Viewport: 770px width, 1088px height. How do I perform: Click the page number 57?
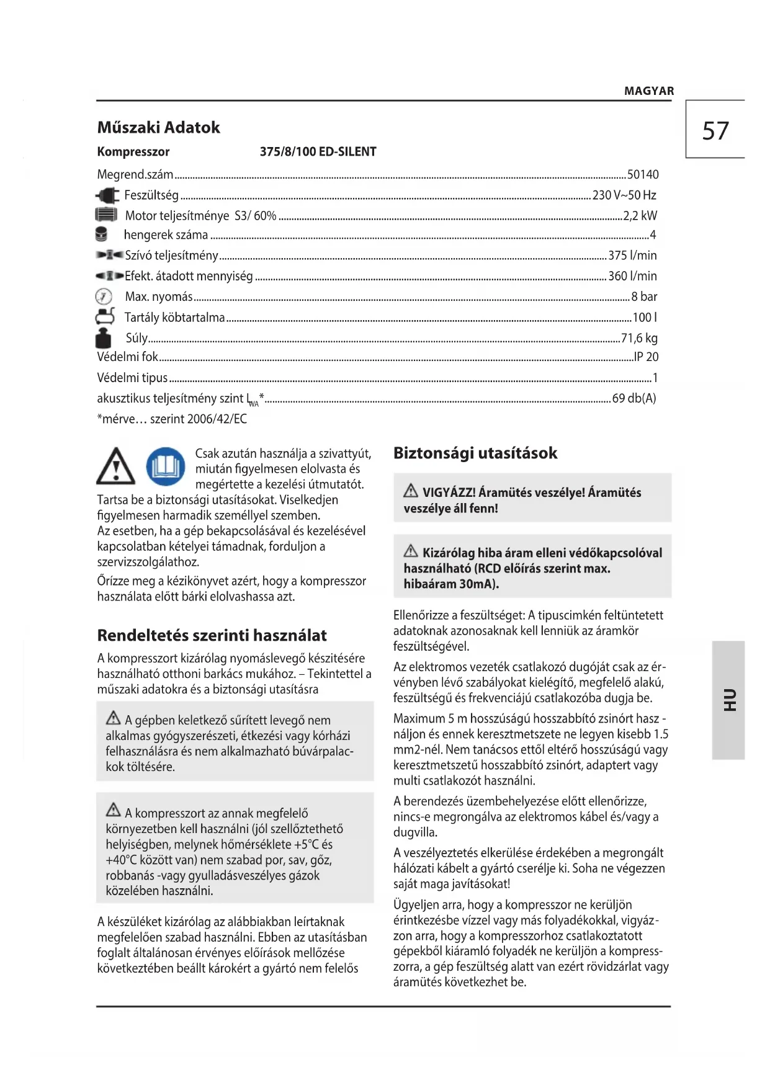(x=715, y=131)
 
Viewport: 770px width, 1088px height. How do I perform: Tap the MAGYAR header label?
(x=648, y=91)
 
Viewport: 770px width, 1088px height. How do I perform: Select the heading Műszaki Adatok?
(x=158, y=128)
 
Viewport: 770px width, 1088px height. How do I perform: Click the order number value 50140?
(x=642, y=175)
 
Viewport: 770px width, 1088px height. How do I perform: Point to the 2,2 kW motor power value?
(x=640, y=216)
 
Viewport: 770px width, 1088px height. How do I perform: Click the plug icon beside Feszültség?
(x=107, y=195)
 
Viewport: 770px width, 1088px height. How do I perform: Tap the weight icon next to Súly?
(x=104, y=338)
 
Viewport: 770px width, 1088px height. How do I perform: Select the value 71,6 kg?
(x=639, y=338)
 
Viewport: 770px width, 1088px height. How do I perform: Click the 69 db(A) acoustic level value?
(x=633, y=398)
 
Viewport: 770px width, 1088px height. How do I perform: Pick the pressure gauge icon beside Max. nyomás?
(x=104, y=297)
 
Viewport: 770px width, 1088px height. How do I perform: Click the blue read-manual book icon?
(x=166, y=466)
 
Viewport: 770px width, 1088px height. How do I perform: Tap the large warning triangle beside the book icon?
(x=115, y=467)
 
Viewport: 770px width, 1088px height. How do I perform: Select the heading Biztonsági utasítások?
(x=475, y=453)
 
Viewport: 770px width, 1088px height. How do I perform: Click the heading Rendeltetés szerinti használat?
(x=212, y=636)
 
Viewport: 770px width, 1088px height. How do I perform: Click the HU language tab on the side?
(x=728, y=700)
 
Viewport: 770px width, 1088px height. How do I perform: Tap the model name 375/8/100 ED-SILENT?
(x=318, y=152)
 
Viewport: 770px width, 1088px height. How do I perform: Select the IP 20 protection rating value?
(x=645, y=357)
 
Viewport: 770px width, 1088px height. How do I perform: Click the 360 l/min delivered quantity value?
(x=632, y=276)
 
